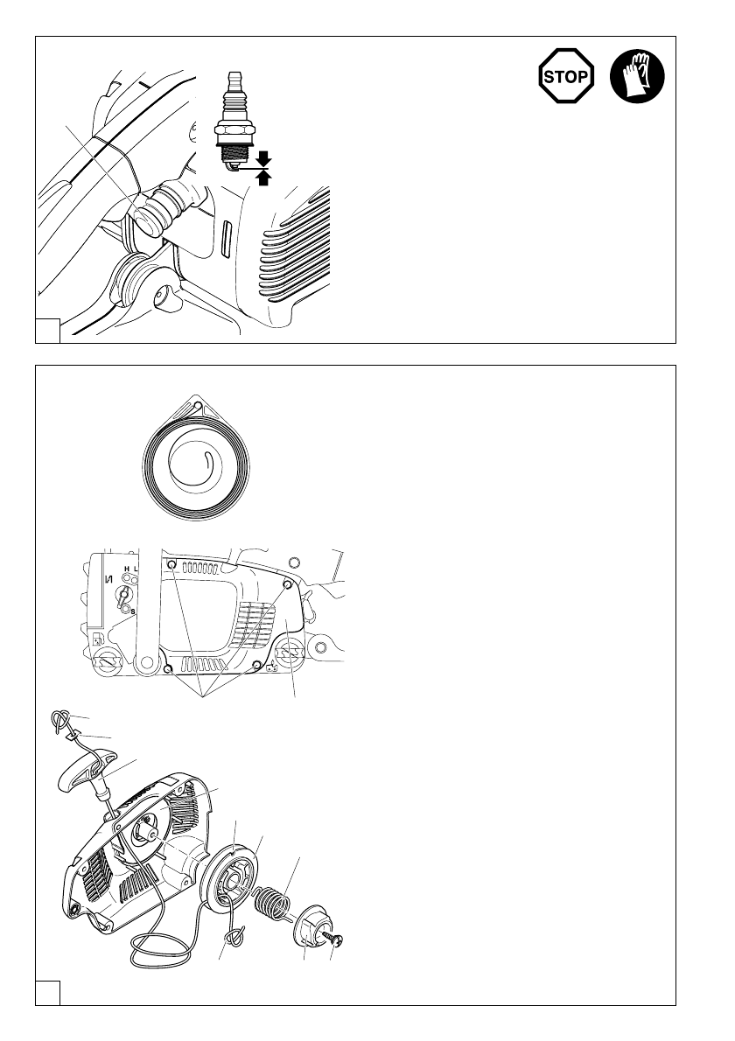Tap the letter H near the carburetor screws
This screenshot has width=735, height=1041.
(127, 569)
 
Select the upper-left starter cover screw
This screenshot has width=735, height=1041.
(173, 564)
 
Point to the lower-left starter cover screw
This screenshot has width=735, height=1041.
(168, 669)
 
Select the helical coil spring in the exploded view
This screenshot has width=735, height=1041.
(276, 901)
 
